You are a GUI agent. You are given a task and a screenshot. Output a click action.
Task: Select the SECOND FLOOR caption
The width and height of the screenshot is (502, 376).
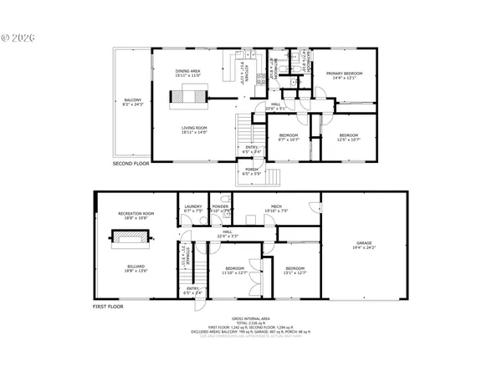click(x=131, y=164)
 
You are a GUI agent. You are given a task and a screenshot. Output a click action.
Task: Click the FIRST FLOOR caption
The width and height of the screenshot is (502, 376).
click(x=108, y=308)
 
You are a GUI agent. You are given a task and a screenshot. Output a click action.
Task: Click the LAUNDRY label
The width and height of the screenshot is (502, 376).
click(x=192, y=208)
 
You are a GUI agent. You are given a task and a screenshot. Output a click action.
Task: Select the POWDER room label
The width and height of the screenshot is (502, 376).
click(x=220, y=208)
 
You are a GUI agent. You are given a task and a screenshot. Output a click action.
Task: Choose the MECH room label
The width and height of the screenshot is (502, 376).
click(x=276, y=208)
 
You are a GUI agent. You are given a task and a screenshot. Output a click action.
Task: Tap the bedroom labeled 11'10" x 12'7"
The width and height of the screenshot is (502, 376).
click(x=234, y=270)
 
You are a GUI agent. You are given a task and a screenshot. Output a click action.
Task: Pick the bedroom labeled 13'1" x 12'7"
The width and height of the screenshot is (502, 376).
click(x=295, y=270)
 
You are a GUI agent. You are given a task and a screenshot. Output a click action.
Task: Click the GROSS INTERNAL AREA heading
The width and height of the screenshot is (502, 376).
click(x=251, y=319)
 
